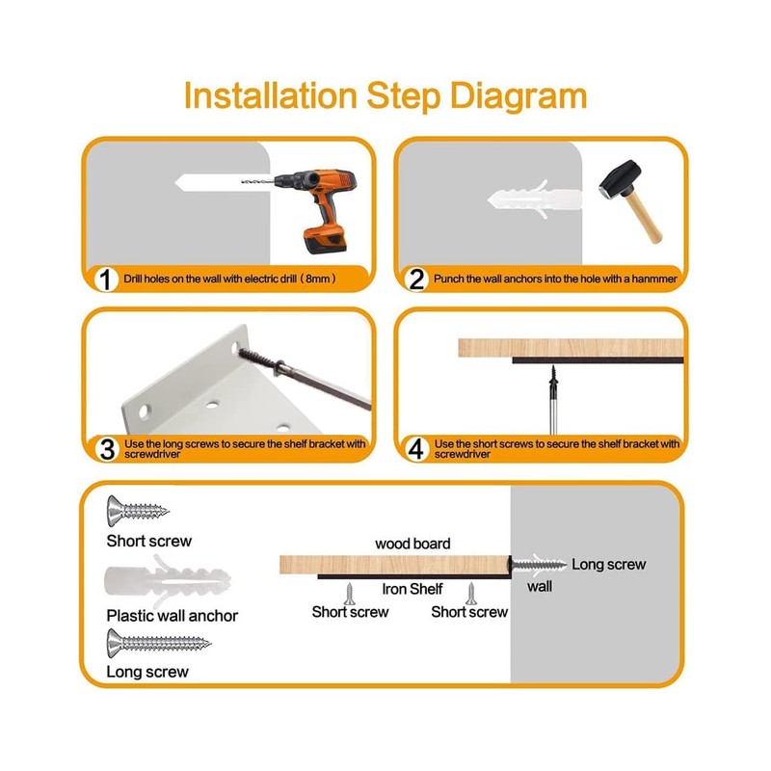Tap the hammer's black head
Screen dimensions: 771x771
[620, 179]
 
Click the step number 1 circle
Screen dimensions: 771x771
[105, 279]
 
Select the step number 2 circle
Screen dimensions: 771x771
[416, 279]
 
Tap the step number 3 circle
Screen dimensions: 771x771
[107, 449]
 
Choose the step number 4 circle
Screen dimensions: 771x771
[416, 449]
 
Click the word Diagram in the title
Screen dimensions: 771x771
[518, 96]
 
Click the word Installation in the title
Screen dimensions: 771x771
[271, 95]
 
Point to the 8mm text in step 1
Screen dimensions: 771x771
[318, 279]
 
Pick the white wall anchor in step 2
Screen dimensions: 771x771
[534, 199]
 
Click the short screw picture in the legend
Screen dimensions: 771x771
[138, 511]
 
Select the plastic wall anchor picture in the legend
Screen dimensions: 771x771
[168, 581]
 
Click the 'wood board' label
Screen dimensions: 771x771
[412, 544]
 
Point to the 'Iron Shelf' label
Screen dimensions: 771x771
[412, 589]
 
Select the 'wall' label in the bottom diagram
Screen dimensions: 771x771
[540, 586]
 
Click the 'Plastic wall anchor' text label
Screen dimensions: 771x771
[173, 616]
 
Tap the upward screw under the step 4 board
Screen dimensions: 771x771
[553, 399]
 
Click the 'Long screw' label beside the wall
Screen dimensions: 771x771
[609, 565]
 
